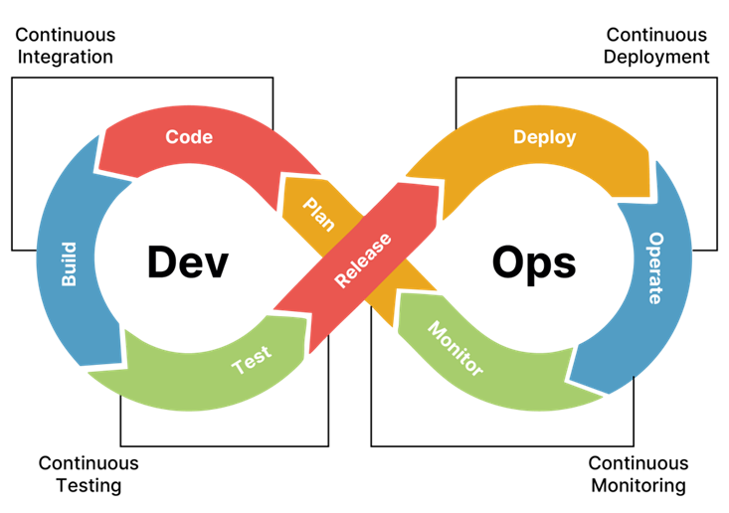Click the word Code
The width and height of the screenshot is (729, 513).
[189, 137]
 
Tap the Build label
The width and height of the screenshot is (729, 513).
[69, 263]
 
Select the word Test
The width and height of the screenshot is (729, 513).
[251, 361]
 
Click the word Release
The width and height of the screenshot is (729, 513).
[363, 260]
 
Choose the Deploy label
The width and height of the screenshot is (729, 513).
[544, 137]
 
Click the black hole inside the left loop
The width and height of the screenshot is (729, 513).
[189, 258]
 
